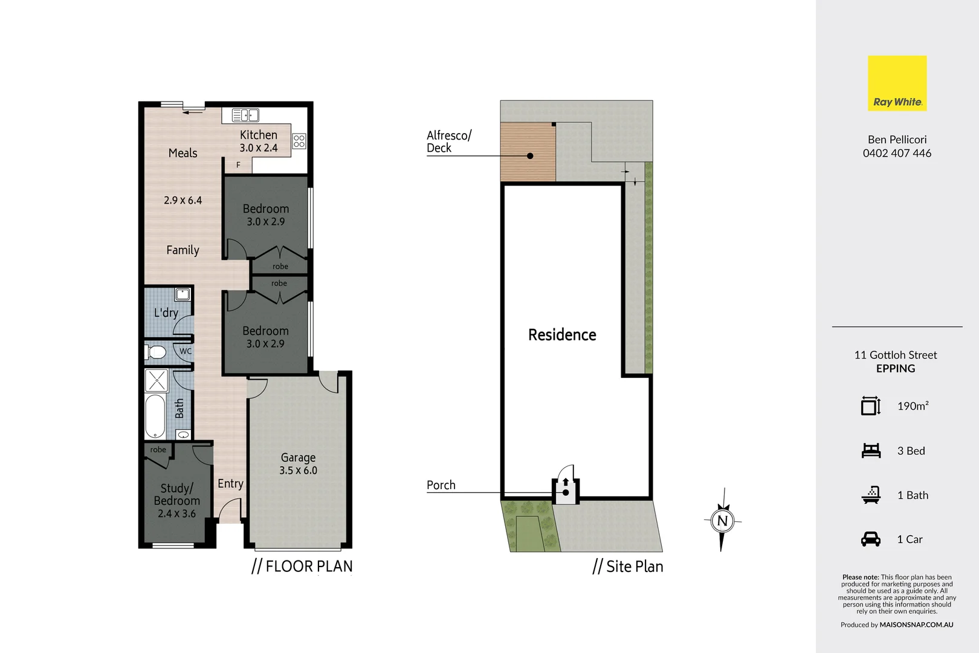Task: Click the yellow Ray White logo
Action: (897, 83)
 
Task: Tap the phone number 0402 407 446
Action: (897, 153)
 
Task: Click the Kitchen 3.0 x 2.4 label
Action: (259, 141)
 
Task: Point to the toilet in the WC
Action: (157, 352)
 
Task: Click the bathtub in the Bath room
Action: (155, 416)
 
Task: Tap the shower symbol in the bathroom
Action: (157, 381)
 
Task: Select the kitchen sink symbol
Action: (245, 115)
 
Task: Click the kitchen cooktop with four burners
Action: (299, 141)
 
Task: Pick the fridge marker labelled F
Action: (238, 164)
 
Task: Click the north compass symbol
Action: (722, 520)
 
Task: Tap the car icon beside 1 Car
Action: (871, 539)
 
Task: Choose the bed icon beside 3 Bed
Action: (871, 450)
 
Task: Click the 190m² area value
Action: (913, 406)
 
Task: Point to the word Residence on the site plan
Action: (562, 335)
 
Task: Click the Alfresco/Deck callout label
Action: (448, 141)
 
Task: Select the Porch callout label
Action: (441, 485)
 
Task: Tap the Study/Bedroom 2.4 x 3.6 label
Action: (176, 501)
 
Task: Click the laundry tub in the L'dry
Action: (183, 294)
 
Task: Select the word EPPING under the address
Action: (896, 369)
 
